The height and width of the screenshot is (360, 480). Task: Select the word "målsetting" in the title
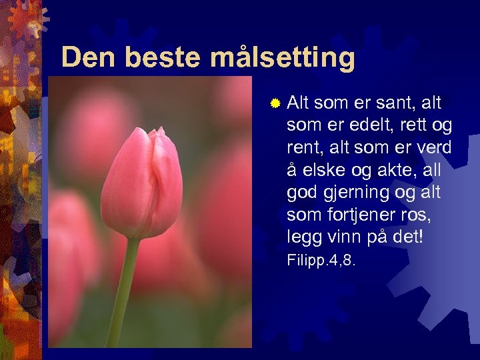pos(283,59)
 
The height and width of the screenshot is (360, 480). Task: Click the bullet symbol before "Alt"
pos(274,103)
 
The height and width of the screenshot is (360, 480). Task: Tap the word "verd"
pos(433,147)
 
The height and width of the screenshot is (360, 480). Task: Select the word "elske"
pos(323,170)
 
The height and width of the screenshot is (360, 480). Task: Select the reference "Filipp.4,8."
pos(321,260)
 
